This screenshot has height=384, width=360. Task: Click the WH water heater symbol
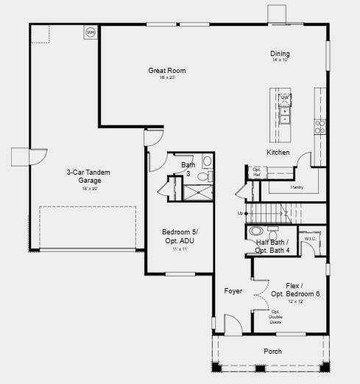pos(91,32)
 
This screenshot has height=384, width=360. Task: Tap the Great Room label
pos(166,71)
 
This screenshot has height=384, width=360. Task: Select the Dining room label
pos(280,54)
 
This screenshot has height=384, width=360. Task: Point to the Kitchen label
pos(278,153)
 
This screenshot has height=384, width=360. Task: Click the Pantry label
pos(297,187)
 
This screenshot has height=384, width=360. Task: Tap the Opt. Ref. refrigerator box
pos(257,172)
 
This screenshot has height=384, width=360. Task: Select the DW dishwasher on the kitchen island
pos(284,97)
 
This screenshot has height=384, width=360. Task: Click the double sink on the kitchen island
pos(284,115)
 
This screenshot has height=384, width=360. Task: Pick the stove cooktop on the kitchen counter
pos(320,126)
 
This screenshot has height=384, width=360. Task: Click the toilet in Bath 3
pos(207,161)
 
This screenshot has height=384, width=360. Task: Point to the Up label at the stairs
pos(239,213)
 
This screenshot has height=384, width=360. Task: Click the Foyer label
pos(233,291)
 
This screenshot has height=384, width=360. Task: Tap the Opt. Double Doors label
pos(275,316)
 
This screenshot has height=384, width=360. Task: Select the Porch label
pos(272,352)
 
